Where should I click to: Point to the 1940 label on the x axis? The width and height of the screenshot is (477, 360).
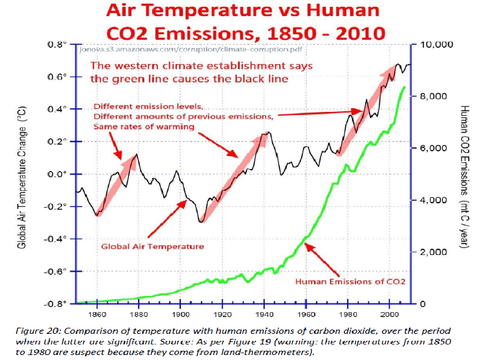[x=264, y=315]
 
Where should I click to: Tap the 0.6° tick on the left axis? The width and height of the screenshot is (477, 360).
[x=58, y=77]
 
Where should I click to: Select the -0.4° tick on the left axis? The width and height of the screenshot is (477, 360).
[x=57, y=239]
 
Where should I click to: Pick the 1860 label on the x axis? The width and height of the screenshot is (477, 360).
[x=97, y=315]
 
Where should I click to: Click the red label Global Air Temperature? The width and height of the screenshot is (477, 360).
[x=152, y=246]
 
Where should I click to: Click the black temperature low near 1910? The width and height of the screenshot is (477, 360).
[x=201, y=221]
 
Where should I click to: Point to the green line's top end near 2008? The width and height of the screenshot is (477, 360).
[x=405, y=86]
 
